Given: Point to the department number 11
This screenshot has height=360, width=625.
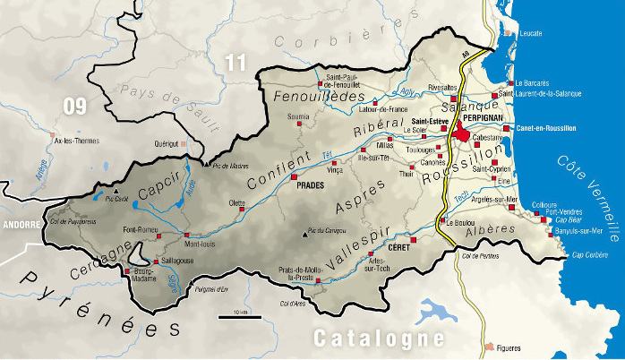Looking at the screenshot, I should tap(235, 63).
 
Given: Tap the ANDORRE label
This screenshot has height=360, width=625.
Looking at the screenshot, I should tap(18, 227).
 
